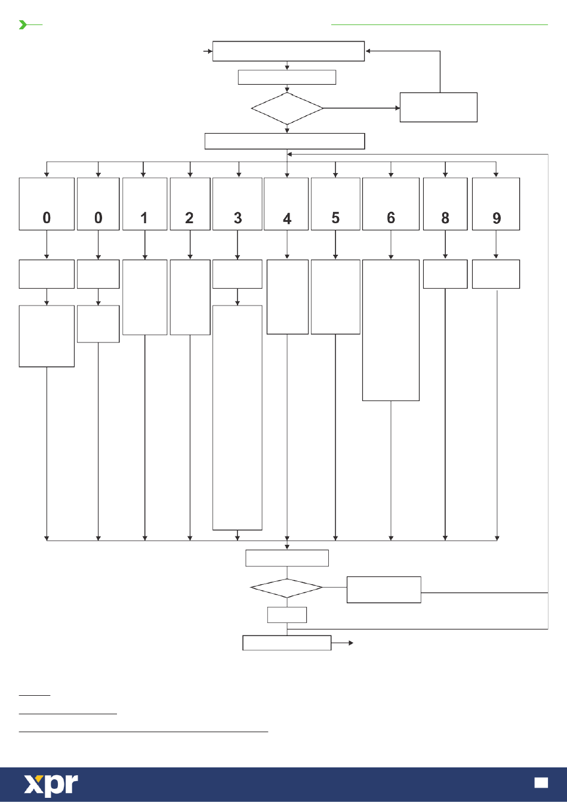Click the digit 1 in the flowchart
point(144,218)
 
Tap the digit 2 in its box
point(189,218)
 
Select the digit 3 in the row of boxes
point(238,218)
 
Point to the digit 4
point(287,219)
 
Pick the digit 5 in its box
point(335,218)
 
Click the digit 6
point(391,218)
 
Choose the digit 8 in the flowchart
point(445,218)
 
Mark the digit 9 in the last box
point(497,218)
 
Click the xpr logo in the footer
point(51,785)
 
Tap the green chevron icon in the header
point(23,24)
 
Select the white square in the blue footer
point(541,783)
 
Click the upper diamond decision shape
point(287,109)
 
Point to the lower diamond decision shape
point(286,588)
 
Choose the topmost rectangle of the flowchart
point(288,51)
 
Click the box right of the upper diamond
point(439,107)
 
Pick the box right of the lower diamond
point(384,590)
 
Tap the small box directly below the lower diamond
point(287,615)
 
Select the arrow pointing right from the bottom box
point(342,643)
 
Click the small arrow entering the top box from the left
point(208,51)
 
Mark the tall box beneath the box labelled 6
point(391,330)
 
